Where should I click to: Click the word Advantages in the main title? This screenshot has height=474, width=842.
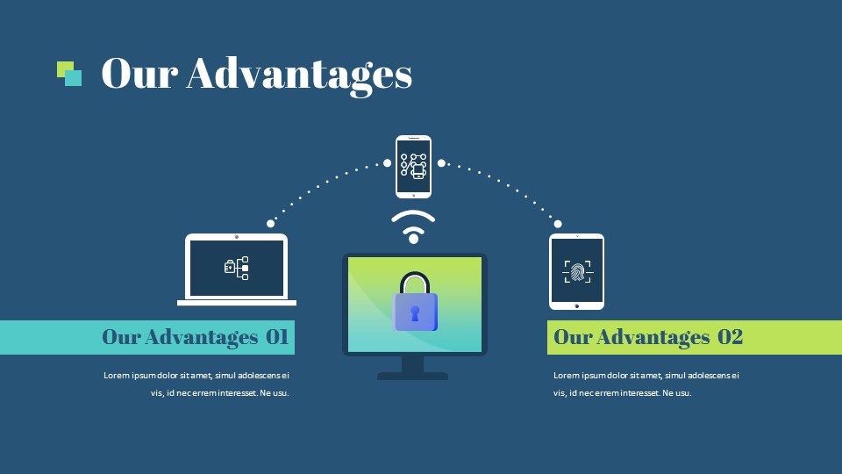click(x=299, y=75)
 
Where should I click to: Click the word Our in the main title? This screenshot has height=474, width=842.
click(x=139, y=73)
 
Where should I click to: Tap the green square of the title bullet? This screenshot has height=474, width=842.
click(x=63, y=68)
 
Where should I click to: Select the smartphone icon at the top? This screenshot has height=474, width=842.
click(x=413, y=167)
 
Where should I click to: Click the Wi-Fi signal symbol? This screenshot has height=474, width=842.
click(x=413, y=226)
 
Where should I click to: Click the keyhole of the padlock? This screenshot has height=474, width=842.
click(x=415, y=313)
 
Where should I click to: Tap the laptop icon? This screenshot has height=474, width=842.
click(x=237, y=269)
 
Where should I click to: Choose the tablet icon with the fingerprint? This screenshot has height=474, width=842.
click(x=577, y=271)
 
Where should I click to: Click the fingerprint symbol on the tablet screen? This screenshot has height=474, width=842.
click(x=577, y=271)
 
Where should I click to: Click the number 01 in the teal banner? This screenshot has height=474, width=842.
click(x=277, y=337)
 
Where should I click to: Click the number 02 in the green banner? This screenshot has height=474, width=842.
click(x=731, y=337)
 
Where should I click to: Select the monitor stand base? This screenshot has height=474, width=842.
click(x=412, y=377)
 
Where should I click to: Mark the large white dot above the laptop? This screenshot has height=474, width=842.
click(x=271, y=224)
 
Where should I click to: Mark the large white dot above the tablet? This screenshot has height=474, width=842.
click(x=558, y=224)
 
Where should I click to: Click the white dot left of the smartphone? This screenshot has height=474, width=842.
click(x=387, y=163)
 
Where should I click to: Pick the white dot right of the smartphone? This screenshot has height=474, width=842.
click(x=441, y=163)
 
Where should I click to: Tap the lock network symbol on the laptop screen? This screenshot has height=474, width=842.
click(x=236, y=269)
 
